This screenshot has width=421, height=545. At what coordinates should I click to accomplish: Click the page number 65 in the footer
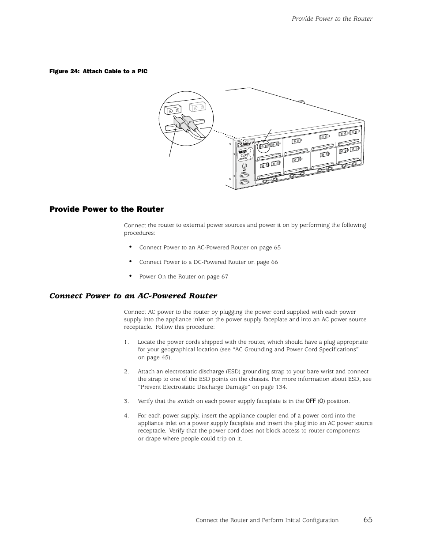pos(368,519)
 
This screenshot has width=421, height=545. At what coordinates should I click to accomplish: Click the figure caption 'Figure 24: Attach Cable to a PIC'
pos(98,71)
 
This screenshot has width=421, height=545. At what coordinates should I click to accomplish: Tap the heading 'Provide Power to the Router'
pos(106,209)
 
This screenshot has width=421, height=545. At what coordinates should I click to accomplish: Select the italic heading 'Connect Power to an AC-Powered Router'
pos(133,296)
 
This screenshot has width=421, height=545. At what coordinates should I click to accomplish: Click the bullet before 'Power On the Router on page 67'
pos(131,276)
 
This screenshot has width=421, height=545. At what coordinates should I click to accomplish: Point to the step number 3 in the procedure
pos(126,401)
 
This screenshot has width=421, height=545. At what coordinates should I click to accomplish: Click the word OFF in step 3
pos(311,401)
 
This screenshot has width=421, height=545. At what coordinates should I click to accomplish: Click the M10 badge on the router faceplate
pos(242,152)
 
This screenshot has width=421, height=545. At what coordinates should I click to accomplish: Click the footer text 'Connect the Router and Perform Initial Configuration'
pos(267,520)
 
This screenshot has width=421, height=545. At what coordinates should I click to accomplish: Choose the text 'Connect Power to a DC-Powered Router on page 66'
pos(208,262)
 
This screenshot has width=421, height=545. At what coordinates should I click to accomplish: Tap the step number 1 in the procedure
pos(126,342)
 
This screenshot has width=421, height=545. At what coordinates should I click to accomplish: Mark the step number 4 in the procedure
pos(126,416)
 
